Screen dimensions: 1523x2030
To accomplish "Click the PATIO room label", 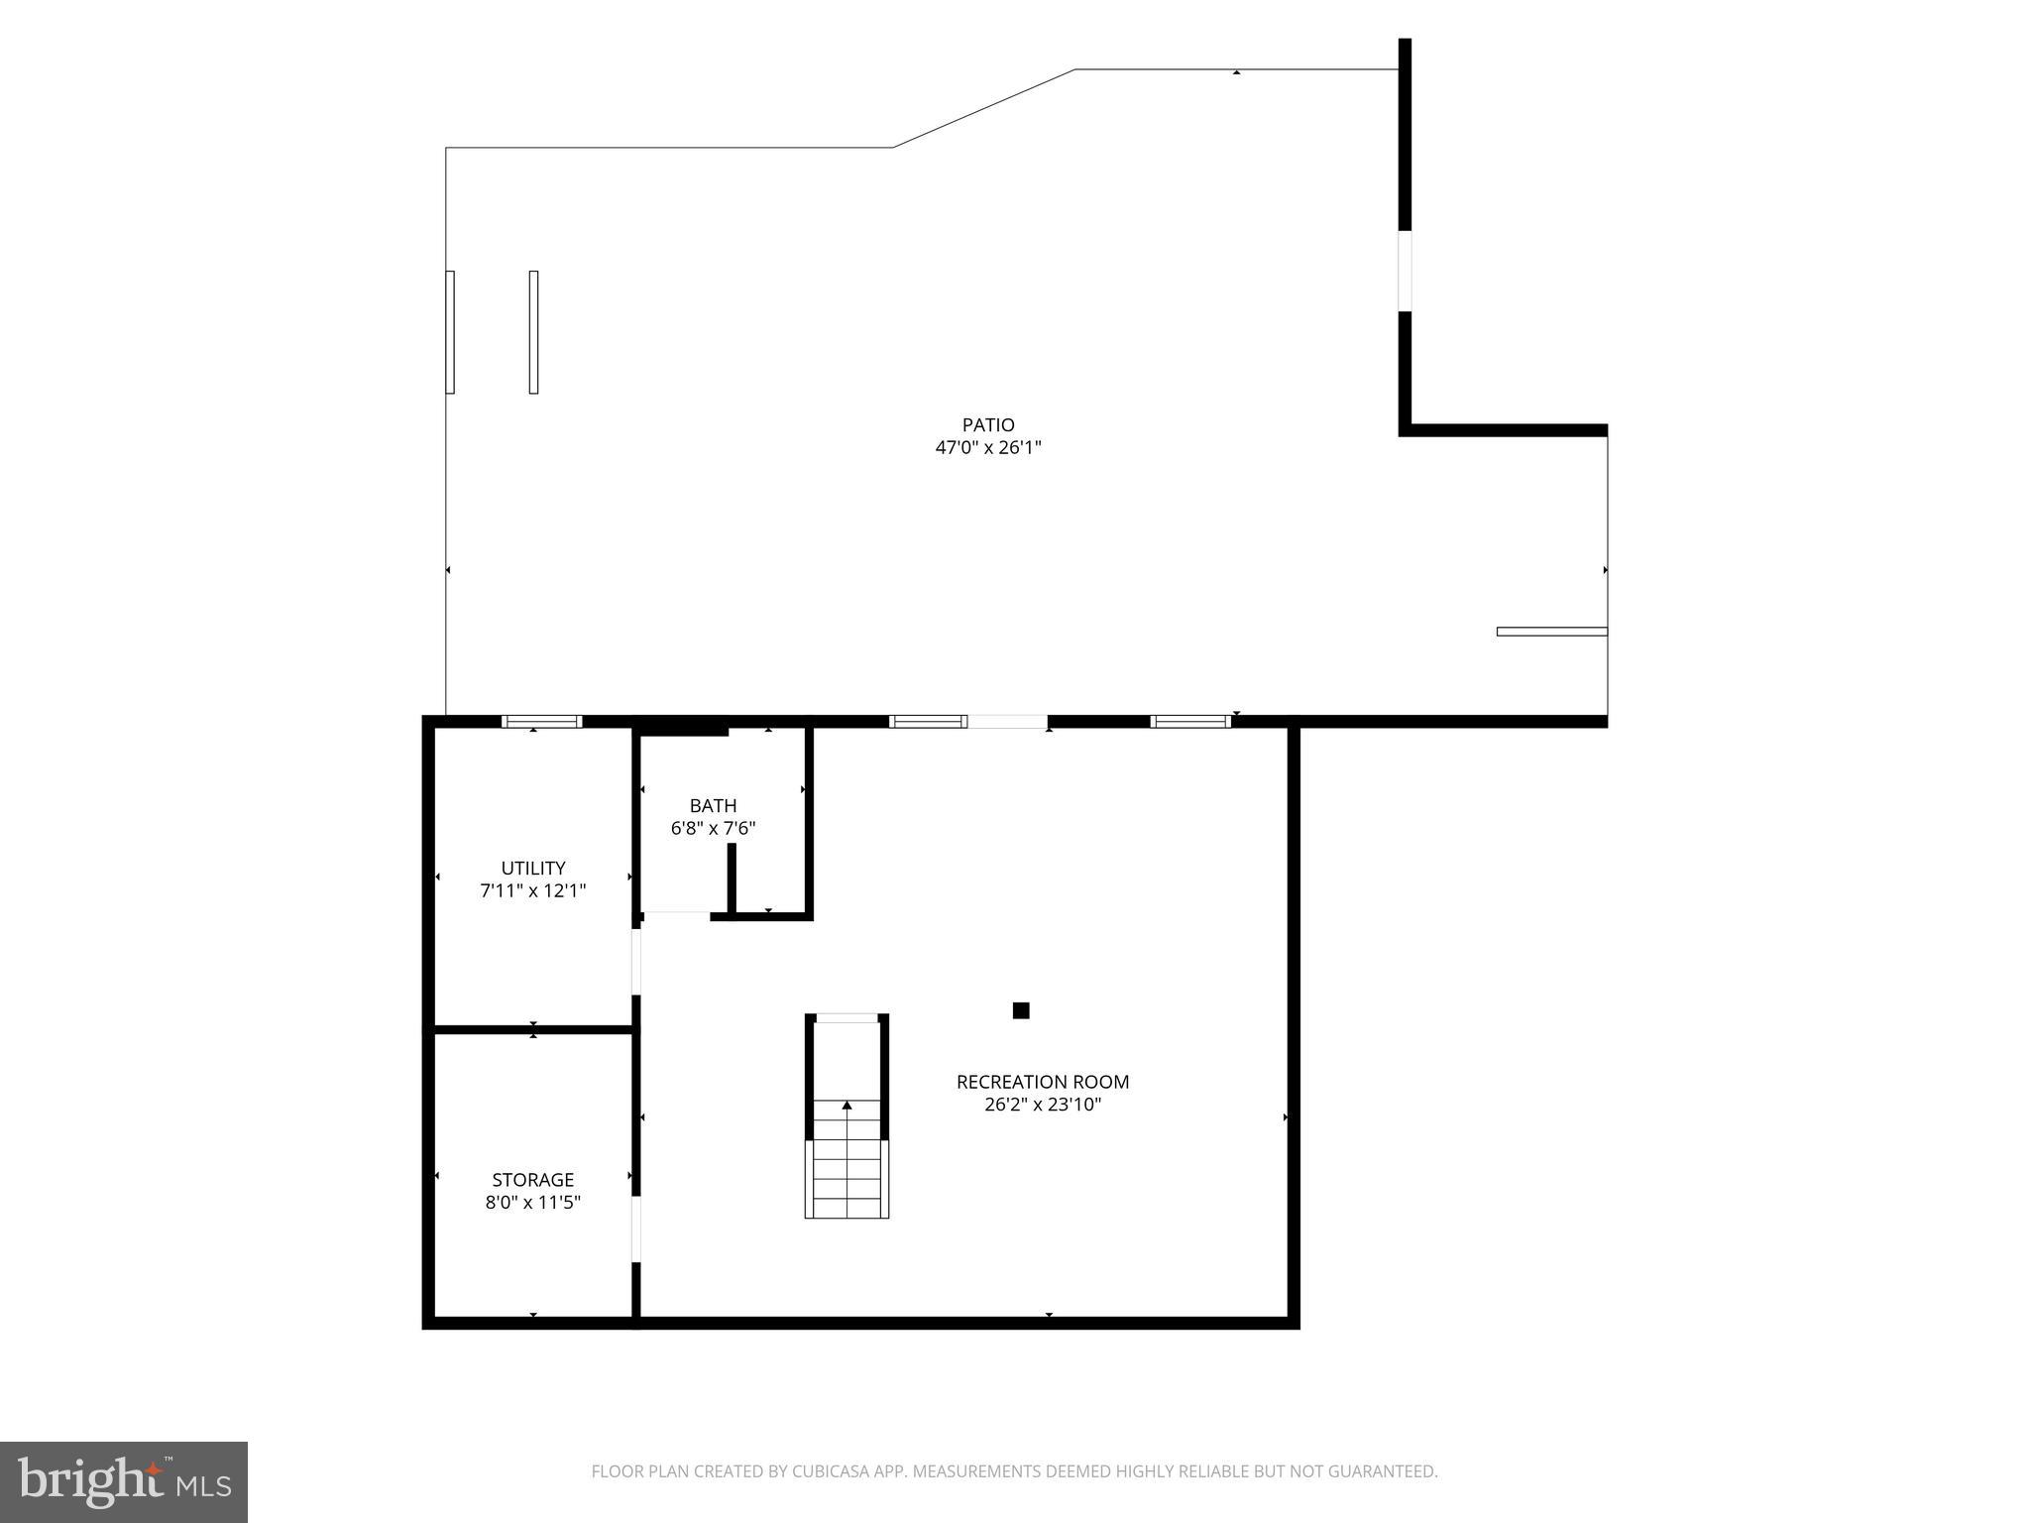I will pos(988,425).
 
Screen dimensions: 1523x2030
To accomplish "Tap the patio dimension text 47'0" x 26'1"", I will pos(988,447).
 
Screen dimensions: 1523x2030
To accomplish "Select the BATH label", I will pos(713,806).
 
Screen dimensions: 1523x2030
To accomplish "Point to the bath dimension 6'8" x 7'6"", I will pos(713,828).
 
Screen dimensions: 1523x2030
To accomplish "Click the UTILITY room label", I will pos(533,869).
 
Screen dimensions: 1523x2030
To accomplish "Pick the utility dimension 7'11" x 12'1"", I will pos(533,890).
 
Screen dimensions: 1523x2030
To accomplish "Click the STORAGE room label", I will pos(533,1180).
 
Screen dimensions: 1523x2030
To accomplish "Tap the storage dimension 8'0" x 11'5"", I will pos(533,1203).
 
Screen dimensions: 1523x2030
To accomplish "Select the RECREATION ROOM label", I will pos(1043,1082).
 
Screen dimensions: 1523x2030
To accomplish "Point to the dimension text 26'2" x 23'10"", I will pos(1043,1105).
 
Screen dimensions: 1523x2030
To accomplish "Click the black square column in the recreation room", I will pos(1021,1010).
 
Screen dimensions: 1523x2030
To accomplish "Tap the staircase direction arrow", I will pos(846,1105).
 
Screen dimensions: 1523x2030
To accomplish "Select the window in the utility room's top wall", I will pos(541,722).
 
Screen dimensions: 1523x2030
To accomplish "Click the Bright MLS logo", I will pos(124,1481).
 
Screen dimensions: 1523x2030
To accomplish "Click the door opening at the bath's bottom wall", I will pos(676,915).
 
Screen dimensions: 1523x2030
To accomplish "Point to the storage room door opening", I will pos(636,1230).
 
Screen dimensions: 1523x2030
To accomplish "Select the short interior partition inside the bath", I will pos(732,878).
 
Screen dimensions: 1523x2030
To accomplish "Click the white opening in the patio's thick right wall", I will pos(1405,271).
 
